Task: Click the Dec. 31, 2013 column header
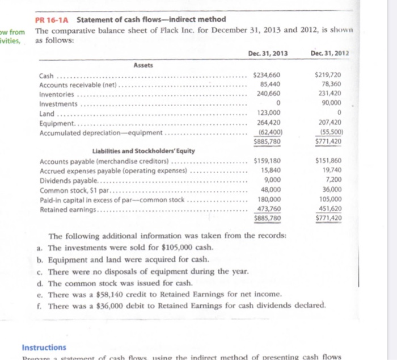point(268,53)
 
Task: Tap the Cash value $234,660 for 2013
point(266,76)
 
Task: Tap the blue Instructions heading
point(44,347)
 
